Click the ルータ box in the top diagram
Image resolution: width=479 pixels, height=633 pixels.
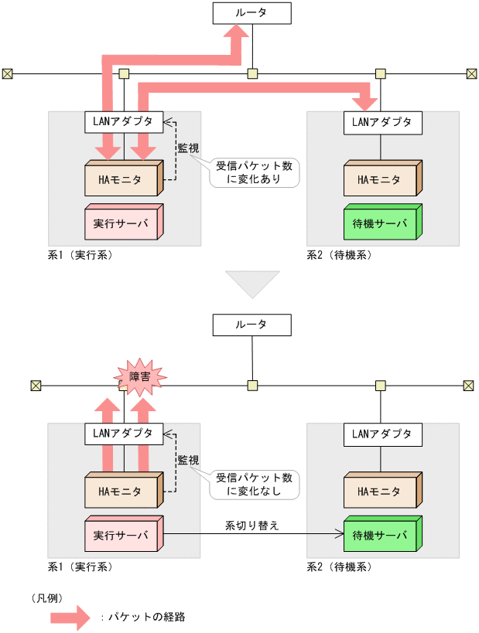[x=252, y=13]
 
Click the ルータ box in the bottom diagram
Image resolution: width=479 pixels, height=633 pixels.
[x=252, y=325]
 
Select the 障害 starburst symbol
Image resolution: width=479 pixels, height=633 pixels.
[x=140, y=376]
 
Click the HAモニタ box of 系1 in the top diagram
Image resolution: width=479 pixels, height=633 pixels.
[x=121, y=180]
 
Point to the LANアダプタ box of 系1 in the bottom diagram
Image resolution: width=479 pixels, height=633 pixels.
[x=124, y=433]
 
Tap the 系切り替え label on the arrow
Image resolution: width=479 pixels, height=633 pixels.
[x=251, y=525]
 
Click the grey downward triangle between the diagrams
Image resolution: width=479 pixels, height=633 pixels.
[x=251, y=282]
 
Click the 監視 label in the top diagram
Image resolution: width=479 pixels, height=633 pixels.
[x=188, y=147]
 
